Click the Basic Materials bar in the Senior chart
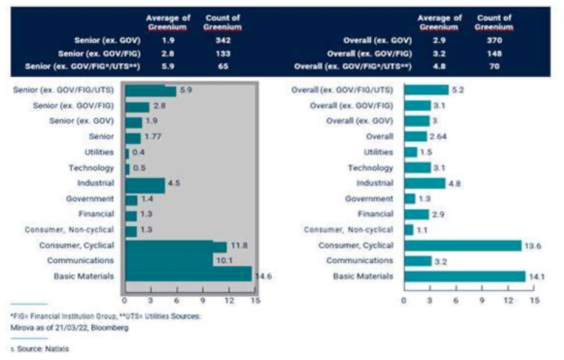tap(188, 275)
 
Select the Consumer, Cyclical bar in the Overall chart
tap(463, 245)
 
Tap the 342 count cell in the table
tap(222, 41)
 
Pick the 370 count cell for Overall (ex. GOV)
tap(493, 41)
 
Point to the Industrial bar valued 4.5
tap(145, 182)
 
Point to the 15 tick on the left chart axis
tap(256, 300)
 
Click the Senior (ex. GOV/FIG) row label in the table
tap(103, 54)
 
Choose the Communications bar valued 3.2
tap(418, 260)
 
